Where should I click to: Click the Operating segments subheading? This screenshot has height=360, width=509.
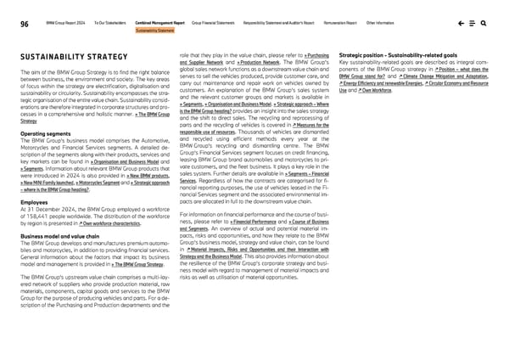click(41, 134)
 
